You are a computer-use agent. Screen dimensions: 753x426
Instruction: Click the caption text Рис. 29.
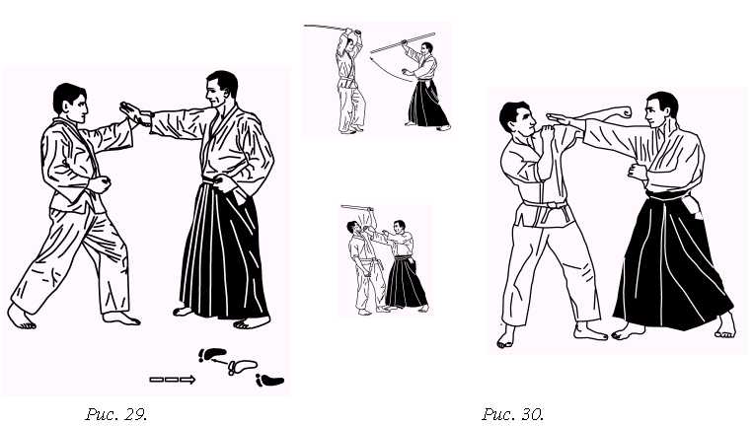click(115, 413)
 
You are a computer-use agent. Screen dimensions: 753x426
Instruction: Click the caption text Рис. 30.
click(512, 413)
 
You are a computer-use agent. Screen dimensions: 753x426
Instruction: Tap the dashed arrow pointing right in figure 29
click(173, 380)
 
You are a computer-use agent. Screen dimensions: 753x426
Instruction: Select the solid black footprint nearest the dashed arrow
click(212, 355)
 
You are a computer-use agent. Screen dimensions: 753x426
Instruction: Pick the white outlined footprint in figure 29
click(242, 367)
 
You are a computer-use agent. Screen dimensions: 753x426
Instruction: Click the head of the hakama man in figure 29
click(221, 91)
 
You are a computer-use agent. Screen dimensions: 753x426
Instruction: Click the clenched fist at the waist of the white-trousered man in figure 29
click(100, 184)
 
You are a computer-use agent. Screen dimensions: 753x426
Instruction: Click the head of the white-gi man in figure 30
click(517, 119)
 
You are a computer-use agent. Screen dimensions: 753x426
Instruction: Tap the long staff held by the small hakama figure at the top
click(403, 42)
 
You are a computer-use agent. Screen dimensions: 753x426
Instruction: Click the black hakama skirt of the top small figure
click(427, 104)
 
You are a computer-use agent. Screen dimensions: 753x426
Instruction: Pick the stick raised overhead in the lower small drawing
click(357, 208)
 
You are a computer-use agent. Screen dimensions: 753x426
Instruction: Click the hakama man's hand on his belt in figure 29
click(225, 183)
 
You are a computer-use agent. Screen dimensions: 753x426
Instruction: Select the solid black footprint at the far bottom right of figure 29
click(269, 381)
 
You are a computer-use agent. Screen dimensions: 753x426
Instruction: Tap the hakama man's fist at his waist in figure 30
click(638, 172)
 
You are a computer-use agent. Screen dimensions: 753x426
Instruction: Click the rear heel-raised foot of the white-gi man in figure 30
click(505, 337)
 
